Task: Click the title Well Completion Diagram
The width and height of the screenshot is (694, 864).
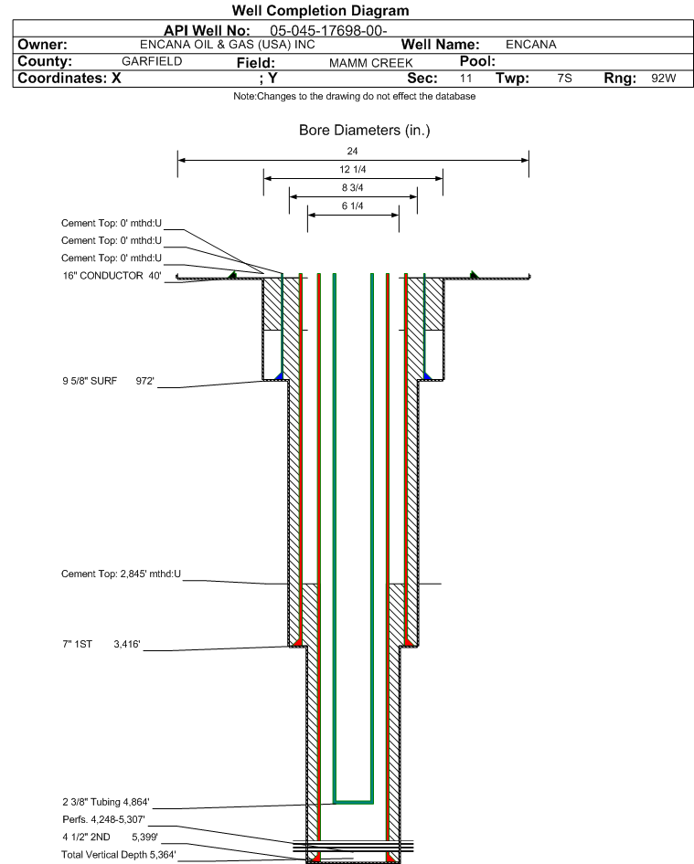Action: pyautogui.click(x=321, y=11)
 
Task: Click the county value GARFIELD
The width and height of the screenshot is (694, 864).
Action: pyautogui.click(x=152, y=61)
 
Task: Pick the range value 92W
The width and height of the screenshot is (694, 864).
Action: pyautogui.click(x=663, y=79)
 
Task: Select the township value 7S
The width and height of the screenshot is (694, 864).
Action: pyautogui.click(x=564, y=79)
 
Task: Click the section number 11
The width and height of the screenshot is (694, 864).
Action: pyautogui.click(x=465, y=79)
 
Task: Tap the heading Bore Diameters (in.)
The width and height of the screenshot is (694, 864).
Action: pyautogui.click(x=364, y=131)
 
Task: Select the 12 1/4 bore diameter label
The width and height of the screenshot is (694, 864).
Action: pyautogui.click(x=353, y=170)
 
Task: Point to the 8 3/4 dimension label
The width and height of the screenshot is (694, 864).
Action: pyautogui.click(x=353, y=188)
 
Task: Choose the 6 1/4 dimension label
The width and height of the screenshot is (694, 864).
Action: pyautogui.click(x=353, y=206)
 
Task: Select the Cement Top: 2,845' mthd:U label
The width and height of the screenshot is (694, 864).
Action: pyautogui.click(x=122, y=574)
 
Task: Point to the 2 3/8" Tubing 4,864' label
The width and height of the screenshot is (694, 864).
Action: pyautogui.click(x=105, y=802)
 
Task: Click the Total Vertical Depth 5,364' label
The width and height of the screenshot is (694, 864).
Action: pyautogui.click(x=119, y=854)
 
